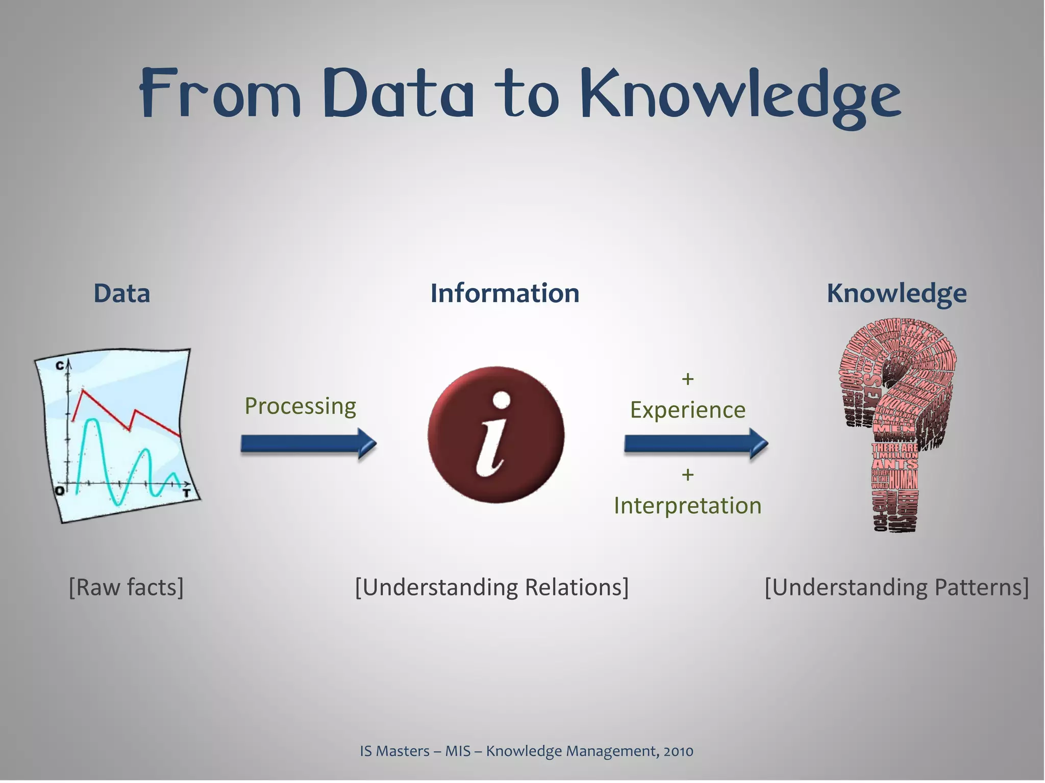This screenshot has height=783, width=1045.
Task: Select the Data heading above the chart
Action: click(121, 294)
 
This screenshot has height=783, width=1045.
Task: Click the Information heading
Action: click(505, 294)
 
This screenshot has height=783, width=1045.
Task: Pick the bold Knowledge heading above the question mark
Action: click(896, 294)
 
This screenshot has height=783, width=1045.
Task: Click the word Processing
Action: click(300, 406)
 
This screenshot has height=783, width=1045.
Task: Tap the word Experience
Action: click(687, 410)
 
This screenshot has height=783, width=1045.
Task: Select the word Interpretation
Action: click(687, 506)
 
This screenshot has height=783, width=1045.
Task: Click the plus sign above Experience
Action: click(687, 379)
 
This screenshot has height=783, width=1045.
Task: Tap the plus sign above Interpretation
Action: click(687, 475)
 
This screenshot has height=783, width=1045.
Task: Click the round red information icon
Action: click(496, 435)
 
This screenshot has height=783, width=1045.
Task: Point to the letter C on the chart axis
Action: click(60, 365)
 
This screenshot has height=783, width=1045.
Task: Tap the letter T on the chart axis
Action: click(187, 493)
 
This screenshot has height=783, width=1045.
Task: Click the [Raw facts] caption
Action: click(126, 587)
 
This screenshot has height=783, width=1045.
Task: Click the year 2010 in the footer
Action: click(678, 751)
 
